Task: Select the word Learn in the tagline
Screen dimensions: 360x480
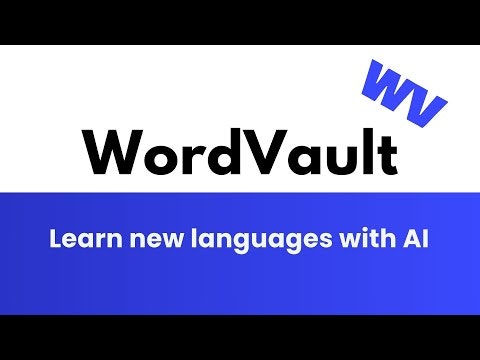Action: pos(79,241)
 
